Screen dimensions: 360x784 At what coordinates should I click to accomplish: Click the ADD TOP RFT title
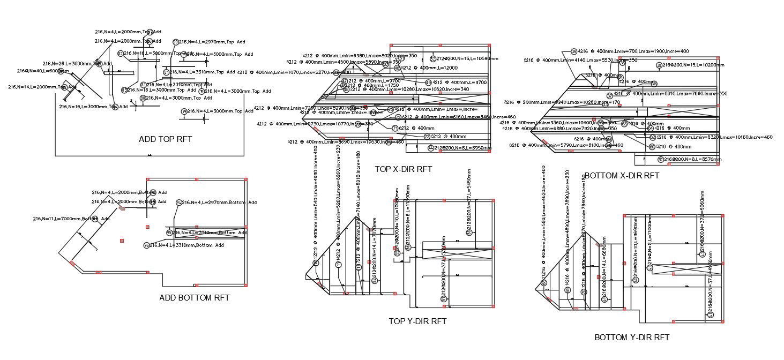coord(165,139)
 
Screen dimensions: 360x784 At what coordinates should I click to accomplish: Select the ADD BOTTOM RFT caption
coord(195,298)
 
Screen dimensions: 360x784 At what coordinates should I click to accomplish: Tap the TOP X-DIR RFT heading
coord(403,169)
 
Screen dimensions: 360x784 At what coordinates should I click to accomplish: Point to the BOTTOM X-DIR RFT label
coord(622,176)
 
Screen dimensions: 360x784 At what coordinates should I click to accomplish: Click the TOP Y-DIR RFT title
coord(417,321)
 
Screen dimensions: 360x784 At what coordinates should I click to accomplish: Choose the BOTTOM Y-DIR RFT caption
coord(632,337)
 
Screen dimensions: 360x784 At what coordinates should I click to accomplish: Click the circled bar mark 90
coord(175,42)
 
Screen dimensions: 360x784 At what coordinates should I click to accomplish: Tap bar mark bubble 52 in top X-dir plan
coord(433,59)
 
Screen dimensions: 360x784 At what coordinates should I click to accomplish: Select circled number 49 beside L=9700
coord(428,82)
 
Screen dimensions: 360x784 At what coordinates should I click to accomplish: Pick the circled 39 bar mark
coord(574,51)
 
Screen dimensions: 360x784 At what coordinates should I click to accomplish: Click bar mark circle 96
coord(146,245)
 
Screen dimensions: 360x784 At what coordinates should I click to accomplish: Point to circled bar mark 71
coord(395,128)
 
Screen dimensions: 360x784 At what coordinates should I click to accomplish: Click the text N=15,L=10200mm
coord(697,65)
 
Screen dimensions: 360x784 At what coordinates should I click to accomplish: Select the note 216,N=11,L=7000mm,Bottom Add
coord(71,219)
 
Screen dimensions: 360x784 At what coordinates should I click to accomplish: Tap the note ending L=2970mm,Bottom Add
coord(203,202)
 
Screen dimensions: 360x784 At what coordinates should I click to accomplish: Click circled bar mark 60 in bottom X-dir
coord(652,146)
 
